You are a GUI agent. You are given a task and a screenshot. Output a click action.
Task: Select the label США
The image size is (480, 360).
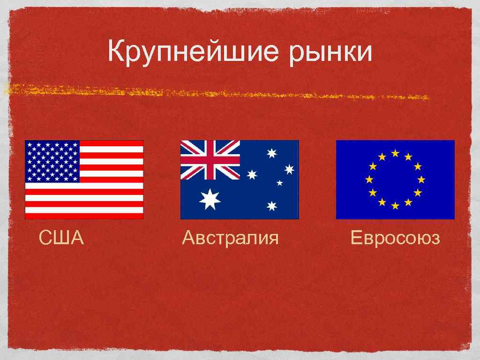(61, 238)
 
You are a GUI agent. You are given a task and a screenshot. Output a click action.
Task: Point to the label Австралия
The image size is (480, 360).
(230, 238)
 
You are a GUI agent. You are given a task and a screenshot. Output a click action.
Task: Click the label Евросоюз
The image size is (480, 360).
(395, 238)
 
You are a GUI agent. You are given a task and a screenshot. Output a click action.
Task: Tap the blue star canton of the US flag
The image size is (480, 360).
(52, 161)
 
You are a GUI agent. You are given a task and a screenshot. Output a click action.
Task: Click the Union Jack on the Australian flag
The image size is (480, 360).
(210, 159)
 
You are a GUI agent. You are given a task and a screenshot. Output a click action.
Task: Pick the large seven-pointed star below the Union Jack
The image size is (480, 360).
(210, 200)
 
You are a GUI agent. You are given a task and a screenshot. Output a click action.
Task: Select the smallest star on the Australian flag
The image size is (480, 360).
(280, 183)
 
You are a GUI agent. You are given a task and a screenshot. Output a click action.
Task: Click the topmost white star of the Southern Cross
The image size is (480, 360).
(272, 153)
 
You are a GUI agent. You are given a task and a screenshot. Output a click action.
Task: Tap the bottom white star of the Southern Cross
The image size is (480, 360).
(272, 206)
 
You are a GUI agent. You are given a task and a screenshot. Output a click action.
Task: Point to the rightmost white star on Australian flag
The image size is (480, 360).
(289, 169)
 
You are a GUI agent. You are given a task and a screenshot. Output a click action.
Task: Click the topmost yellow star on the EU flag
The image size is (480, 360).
(395, 153)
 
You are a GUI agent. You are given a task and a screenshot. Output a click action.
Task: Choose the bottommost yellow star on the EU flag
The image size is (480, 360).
(395, 206)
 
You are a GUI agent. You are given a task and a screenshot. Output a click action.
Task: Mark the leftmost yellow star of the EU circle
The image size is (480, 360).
(369, 180)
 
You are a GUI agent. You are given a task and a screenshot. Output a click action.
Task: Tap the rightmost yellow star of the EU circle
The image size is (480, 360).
(421, 180)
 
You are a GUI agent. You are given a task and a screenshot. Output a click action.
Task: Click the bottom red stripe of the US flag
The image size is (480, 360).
(84, 216)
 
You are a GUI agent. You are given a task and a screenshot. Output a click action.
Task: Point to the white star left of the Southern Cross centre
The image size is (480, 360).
(252, 174)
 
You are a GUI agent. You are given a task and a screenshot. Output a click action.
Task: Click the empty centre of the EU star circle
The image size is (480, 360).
(395, 180)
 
